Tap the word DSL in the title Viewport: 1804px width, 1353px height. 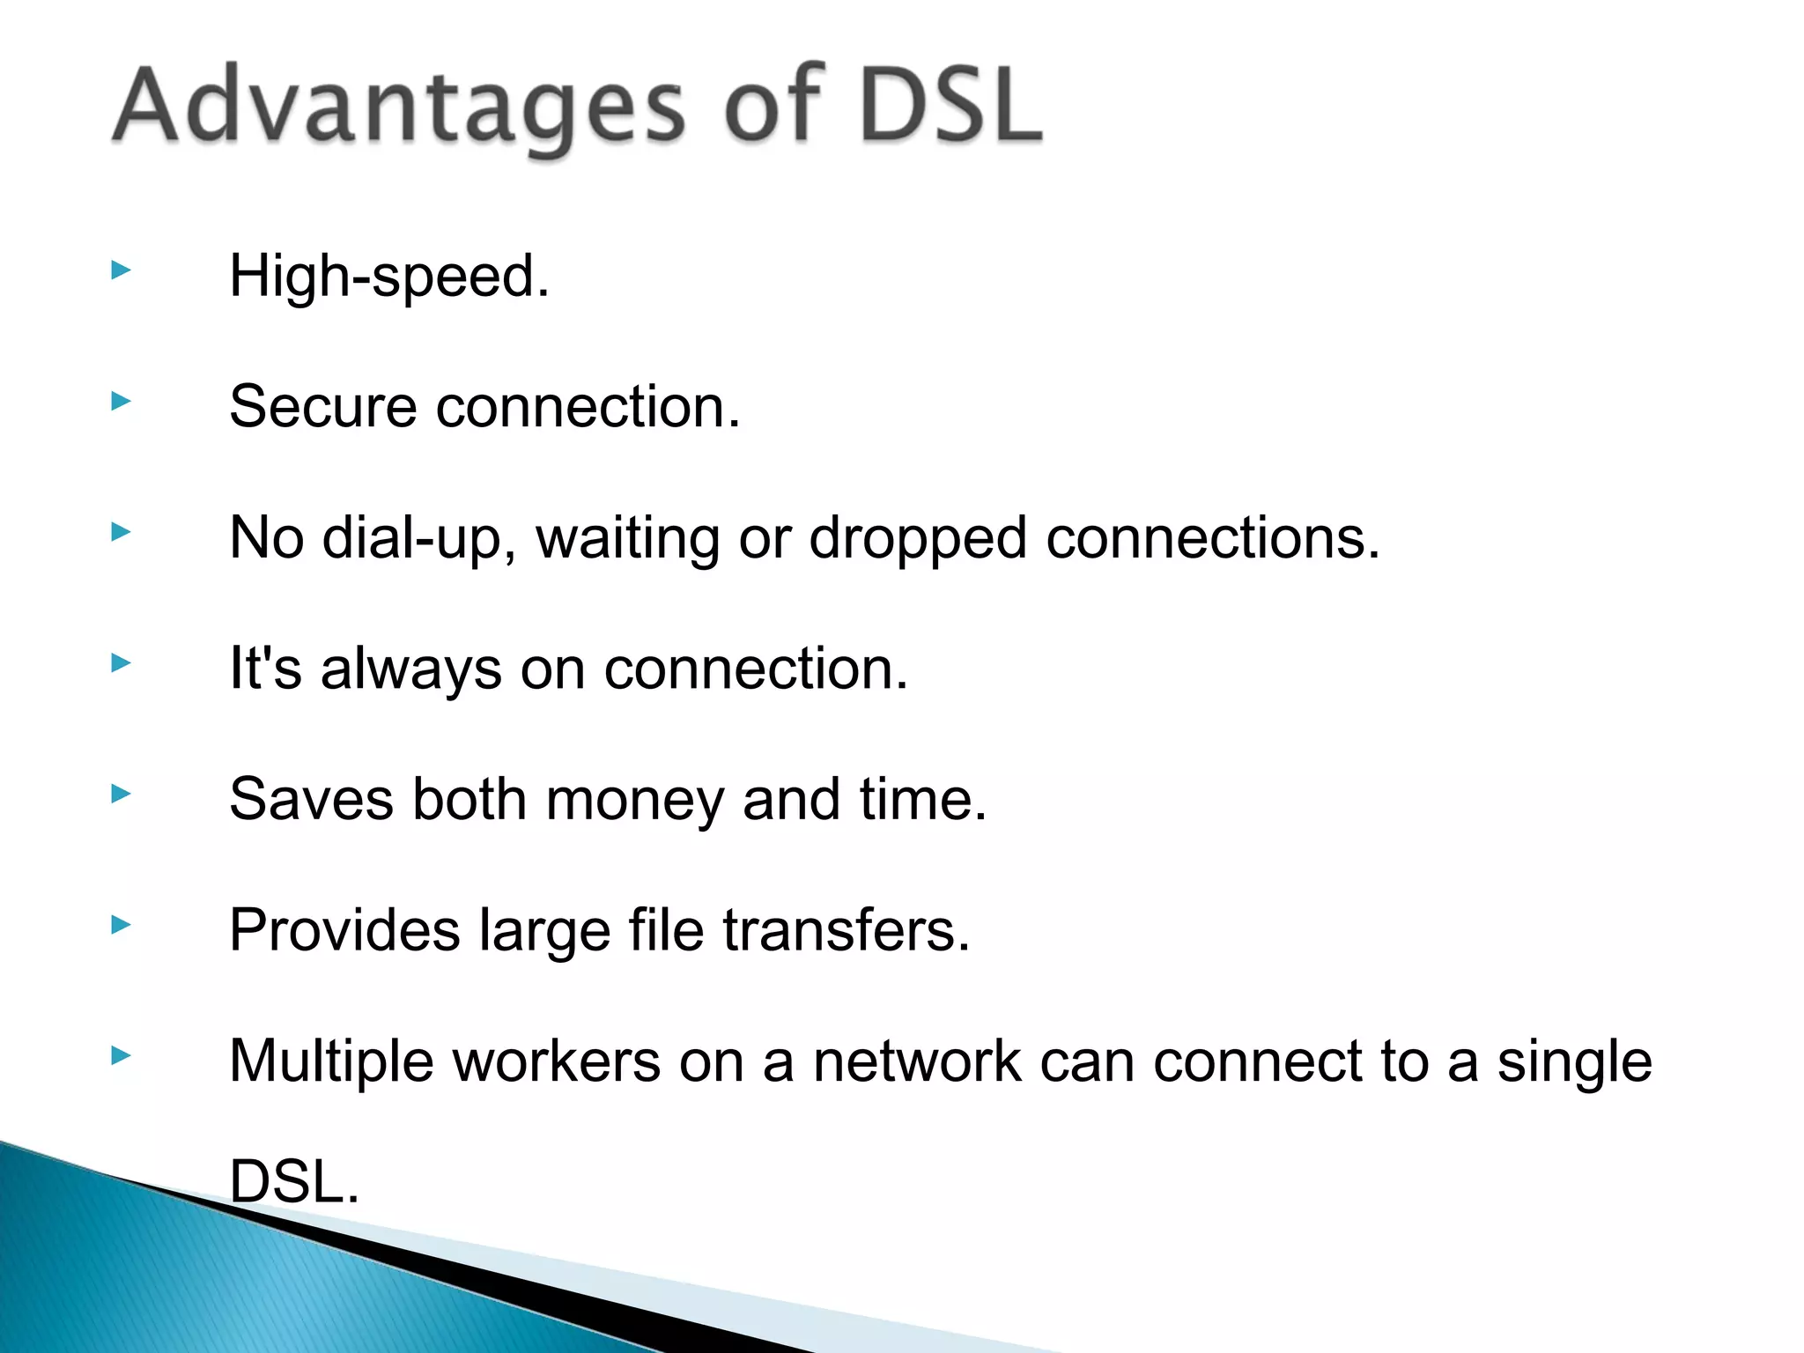coord(951,107)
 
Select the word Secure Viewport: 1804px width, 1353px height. coord(322,407)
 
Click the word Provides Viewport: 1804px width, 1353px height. coord(344,930)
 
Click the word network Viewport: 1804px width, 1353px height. coord(917,1061)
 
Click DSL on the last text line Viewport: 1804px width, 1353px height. coord(293,1182)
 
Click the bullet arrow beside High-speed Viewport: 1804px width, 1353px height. coord(122,271)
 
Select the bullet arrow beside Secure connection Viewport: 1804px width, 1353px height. coord(122,403)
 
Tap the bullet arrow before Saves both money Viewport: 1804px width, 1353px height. coord(122,795)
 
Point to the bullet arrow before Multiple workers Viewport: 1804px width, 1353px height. coord(122,1055)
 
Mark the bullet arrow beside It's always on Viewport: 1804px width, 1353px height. coord(122,663)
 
